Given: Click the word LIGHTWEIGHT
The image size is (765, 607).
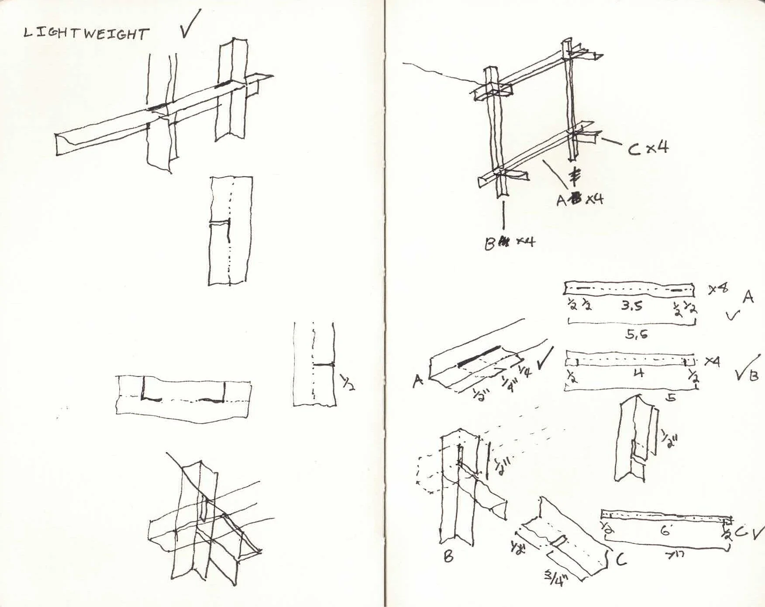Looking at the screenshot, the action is [x=86, y=34].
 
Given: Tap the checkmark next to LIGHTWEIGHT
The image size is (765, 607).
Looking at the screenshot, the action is [x=190, y=24].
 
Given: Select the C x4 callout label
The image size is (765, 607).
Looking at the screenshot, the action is [x=648, y=148].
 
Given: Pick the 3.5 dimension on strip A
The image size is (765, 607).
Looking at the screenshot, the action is [x=632, y=306].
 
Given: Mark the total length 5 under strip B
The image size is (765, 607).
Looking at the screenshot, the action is [x=672, y=397].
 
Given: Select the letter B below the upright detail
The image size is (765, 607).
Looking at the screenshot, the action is [x=448, y=556].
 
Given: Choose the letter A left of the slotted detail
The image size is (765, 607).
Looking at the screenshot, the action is [x=418, y=381].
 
